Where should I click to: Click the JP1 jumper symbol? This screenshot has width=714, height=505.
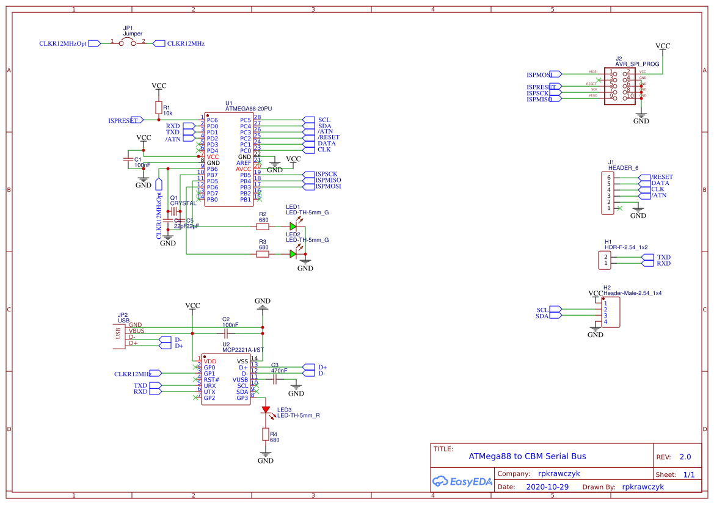click(128, 43)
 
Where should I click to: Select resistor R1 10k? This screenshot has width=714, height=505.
click(159, 108)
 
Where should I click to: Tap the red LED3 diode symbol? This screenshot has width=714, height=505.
click(266, 410)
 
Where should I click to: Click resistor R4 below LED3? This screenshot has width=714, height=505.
click(265, 434)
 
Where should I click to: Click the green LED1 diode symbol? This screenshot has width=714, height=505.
click(294, 227)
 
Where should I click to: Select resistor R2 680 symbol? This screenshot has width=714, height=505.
click(263, 227)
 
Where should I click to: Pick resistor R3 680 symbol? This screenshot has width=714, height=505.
click(263, 254)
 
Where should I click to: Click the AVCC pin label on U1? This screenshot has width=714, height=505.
click(244, 169)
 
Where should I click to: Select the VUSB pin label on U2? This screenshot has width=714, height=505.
click(240, 379)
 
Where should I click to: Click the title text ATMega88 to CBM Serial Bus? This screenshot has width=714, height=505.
click(526, 456)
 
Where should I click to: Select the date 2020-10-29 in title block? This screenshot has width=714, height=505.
click(547, 487)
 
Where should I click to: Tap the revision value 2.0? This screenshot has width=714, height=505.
click(685, 457)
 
